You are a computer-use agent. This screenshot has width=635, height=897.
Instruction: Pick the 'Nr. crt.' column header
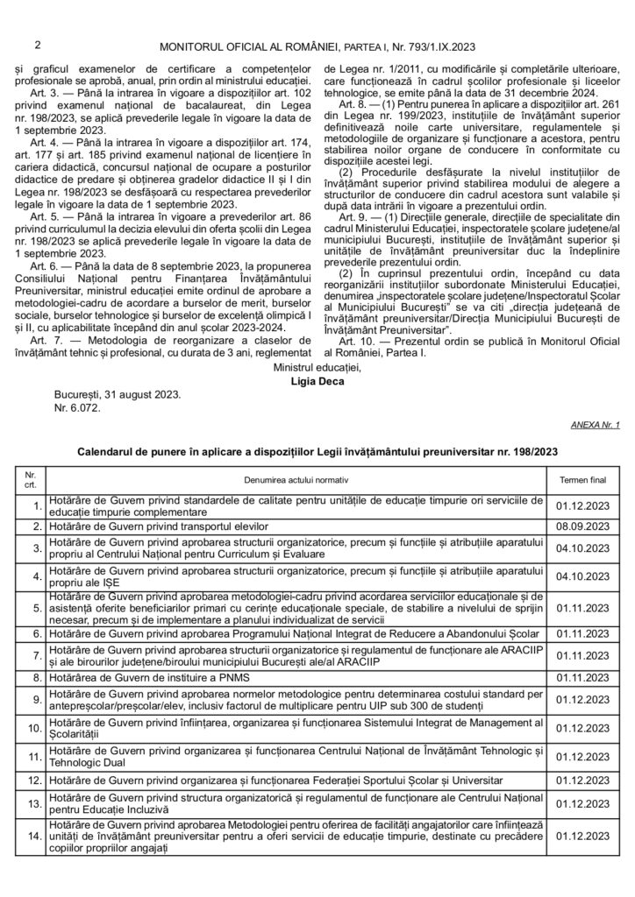(30, 480)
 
